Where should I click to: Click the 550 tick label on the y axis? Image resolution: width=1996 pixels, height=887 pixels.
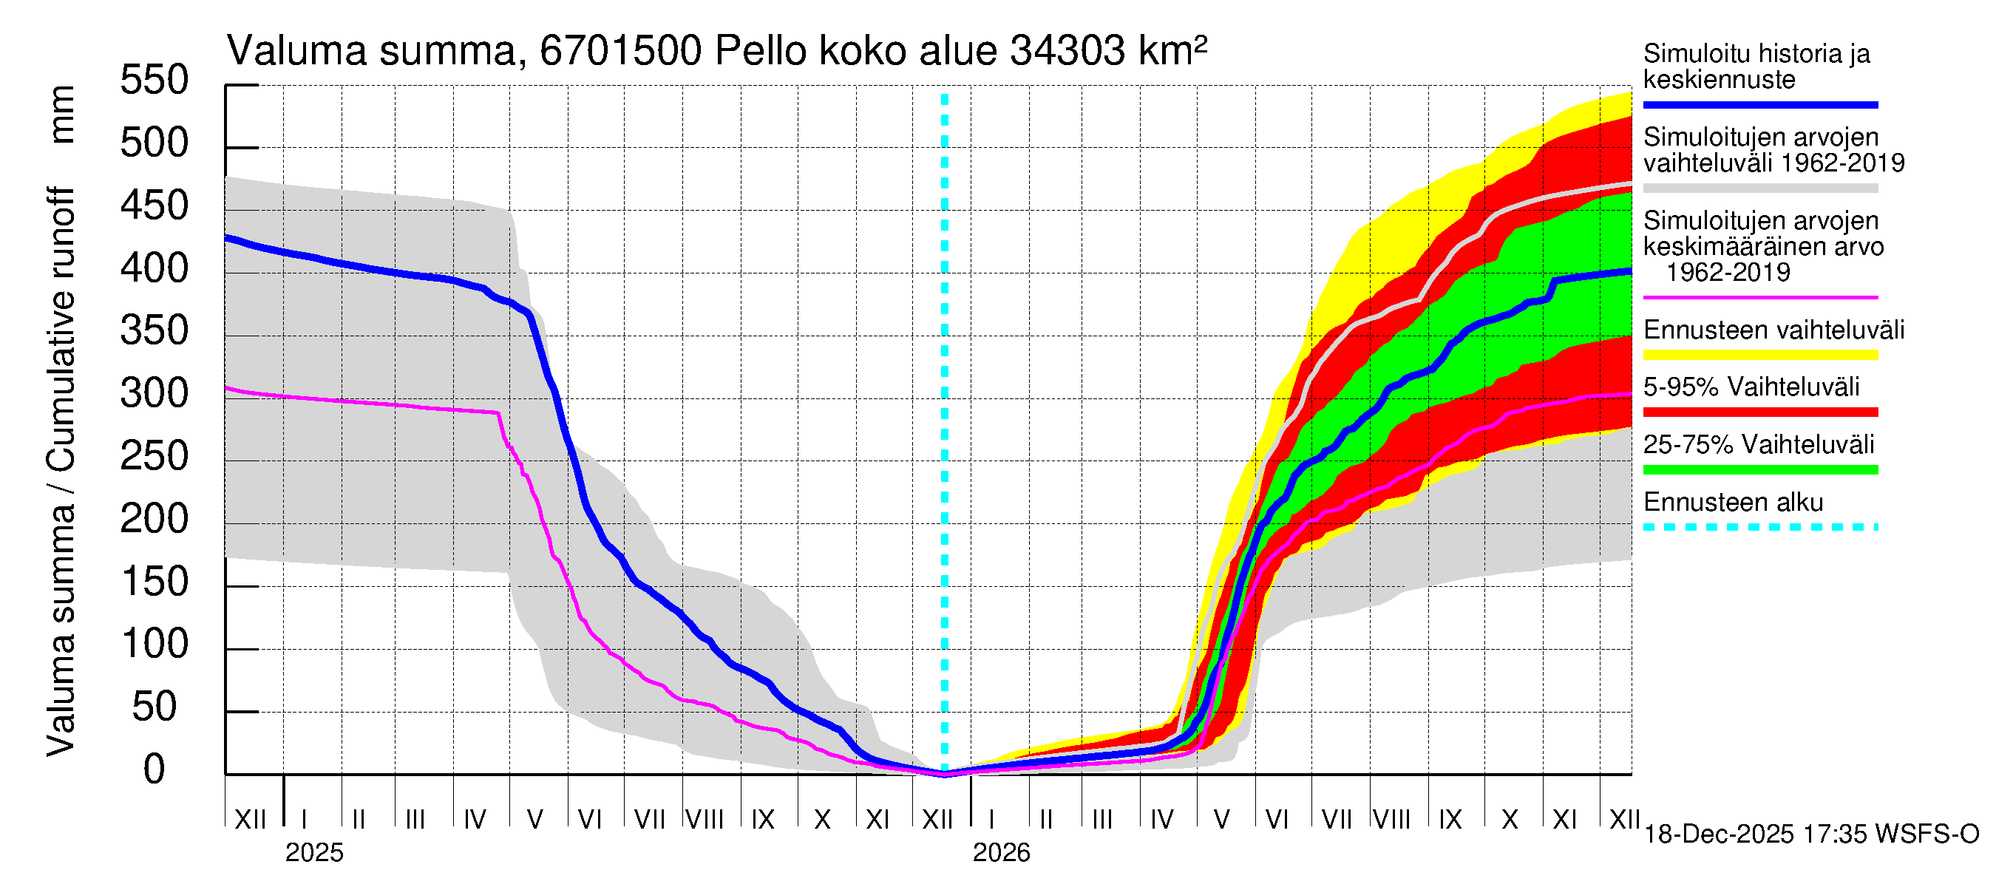pyautogui.click(x=155, y=81)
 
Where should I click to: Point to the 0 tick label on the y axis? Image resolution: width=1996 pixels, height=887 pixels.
pyautogui.click(x=155, y=770)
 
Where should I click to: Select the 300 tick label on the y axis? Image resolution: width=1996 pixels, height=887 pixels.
pyautogui.click(x=155, y=394)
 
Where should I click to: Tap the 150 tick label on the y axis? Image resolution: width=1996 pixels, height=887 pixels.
pyautogui.click(x=155, y=582)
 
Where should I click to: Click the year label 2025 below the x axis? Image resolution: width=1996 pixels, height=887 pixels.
pyautogui.click(x=313, y=853)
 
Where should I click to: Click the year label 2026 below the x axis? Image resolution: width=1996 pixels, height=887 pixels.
pyautogui.click(x=1001, y=853)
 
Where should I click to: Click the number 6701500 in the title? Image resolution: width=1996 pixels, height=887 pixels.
pyautogui.click(x=621, y=52)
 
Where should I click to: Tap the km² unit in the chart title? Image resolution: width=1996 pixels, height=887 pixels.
pyautogui.click(x=1172, y=52)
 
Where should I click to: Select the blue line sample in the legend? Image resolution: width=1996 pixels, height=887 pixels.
pyautogui.click(x=1759, y=104)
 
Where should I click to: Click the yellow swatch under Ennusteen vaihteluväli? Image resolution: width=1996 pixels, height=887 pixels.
pyautogui.click(x=1759, y=356)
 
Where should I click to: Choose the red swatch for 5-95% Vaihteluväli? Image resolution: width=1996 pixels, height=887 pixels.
pyautogui.click(x=1759, y=413)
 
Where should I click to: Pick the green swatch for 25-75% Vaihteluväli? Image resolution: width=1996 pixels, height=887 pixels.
pyautogui.click(x=1759, y=470)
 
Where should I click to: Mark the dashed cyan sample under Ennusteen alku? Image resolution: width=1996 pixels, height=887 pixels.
pyautogui.click(x=1759, y=528)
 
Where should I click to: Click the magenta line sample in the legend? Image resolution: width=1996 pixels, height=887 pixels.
pyautogui.click(x=1759, y=297)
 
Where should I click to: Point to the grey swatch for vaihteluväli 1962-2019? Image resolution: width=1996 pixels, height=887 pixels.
pyautogui.click(x=1759, y=188)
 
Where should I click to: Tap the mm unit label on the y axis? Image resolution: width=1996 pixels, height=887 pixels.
pyautogui.click(x=62, y=115)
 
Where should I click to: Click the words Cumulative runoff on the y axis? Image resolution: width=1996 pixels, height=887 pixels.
pyautogui.click(x=62, y=329)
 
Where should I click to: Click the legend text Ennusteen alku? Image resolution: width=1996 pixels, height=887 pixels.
pyautogui.click(x=1733, y=503)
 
